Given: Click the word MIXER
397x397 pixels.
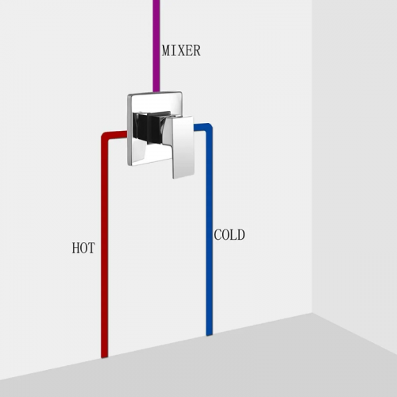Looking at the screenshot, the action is [x=181, y=51].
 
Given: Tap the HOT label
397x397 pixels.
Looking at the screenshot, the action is [x=83, y=248].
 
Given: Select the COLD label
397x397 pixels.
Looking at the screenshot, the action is [x=229, y=235].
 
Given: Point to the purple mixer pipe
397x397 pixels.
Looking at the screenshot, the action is [x=156, y=46].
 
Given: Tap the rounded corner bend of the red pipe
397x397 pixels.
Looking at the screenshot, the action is [x=106, y=136].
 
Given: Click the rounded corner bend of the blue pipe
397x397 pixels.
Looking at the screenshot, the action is [x=209, y=127].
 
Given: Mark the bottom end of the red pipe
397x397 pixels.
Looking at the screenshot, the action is [x=105, y=357].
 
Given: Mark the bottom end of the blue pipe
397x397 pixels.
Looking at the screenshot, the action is [x=210, y=335].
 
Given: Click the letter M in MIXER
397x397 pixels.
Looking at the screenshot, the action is [x=166, y=51].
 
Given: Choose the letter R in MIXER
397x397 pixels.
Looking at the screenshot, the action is [x=197, y=51].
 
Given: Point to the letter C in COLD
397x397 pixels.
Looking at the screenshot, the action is [x=218, y=235].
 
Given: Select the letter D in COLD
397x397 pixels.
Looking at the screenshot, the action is [x=241, y=235].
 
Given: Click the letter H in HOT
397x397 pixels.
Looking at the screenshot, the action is [x=75, y=248].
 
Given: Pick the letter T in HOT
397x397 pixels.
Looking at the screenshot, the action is [x=91, y=248].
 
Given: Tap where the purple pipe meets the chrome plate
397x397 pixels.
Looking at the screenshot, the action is [x=156, y=92].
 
